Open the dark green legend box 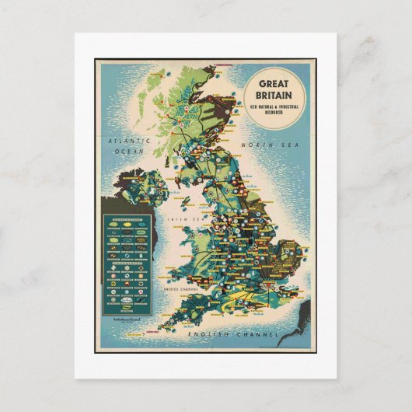pos(125,264)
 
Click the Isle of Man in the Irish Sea pos(186,204)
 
